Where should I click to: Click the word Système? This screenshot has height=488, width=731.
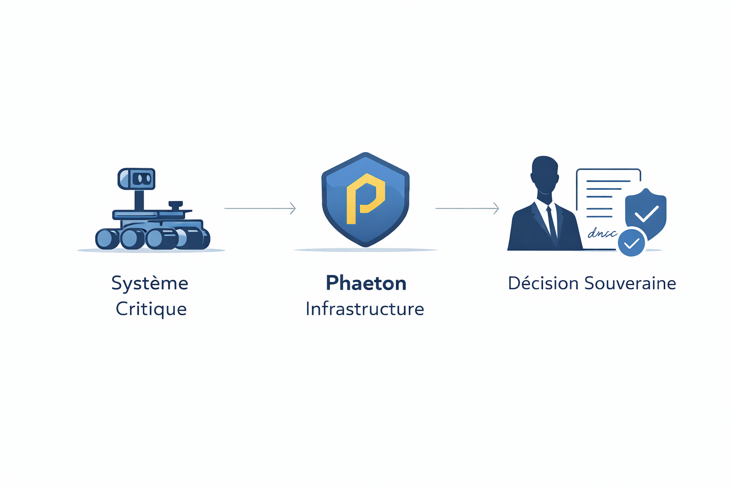point(149,284)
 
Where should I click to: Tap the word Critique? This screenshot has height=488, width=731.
point(151,309)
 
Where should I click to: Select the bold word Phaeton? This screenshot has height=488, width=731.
point(366,284)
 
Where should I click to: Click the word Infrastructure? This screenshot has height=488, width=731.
point(365,309)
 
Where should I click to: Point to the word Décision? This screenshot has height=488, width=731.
point(543,284)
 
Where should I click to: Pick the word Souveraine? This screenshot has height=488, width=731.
point(630,284)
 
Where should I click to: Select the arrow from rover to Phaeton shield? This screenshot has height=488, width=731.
point(260,208)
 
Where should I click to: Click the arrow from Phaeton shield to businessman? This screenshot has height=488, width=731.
point(467,208)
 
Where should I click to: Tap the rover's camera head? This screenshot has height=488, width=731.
point(137,179)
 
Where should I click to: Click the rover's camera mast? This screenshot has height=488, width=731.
point(139,200)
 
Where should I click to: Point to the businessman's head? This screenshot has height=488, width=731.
point(545,174)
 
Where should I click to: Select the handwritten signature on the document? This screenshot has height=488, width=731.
point(602,234)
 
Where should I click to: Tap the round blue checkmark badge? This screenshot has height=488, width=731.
point(631,243)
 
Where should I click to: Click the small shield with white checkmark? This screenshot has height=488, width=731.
point(646,213)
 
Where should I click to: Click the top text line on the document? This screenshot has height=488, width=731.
point(608,181)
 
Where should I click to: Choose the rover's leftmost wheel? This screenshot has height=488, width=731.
point(107,239)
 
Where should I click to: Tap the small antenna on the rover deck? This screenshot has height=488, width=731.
point(176,205)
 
